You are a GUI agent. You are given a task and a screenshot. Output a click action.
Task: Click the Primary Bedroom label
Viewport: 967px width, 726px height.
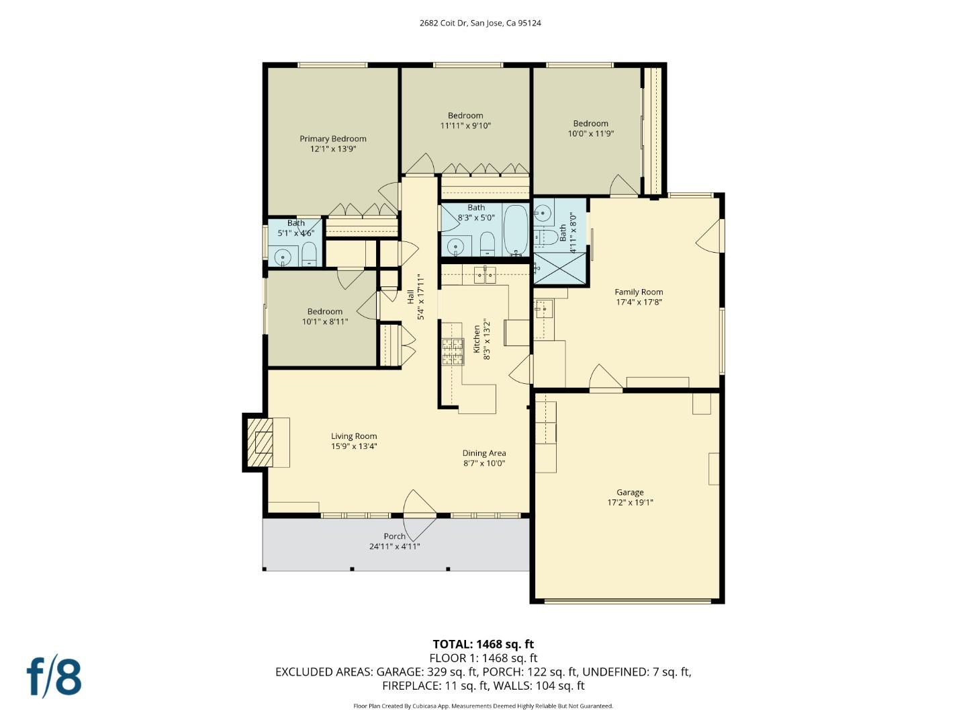point(333,139)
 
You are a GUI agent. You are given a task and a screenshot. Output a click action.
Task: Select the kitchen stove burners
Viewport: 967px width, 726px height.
point(453,352)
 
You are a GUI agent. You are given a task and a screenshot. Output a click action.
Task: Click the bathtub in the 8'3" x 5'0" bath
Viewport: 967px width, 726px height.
point(516,231)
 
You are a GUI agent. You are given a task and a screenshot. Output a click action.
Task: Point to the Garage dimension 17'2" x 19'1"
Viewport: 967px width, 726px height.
point(630,503)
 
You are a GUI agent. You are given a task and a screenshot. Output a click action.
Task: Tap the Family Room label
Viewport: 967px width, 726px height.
point(639,292)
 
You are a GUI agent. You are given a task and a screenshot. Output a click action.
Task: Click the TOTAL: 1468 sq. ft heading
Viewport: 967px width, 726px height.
point(483,644)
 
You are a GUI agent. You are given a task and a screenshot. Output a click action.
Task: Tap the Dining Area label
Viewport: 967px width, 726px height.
point(483,453)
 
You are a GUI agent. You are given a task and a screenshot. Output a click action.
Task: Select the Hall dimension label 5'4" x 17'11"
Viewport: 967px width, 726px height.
point(421,296)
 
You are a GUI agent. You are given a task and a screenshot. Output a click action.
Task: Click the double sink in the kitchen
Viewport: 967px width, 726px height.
point(484,274)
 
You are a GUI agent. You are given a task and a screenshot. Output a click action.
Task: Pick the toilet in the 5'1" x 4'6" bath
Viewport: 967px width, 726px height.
point(309,255)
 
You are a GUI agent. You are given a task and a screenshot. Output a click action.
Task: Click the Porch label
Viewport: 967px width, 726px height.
point(394,536)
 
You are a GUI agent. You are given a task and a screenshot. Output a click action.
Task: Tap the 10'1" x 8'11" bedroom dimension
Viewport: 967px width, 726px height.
point(325,322)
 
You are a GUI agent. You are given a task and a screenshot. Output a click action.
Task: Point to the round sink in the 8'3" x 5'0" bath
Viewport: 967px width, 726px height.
point(456,247)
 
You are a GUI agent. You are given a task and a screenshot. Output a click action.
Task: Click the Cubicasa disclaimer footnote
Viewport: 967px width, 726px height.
point(483,706)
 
